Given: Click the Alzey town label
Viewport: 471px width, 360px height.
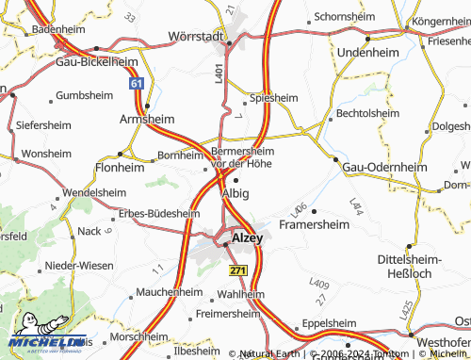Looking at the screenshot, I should pyautogui.click(x=247, y=239).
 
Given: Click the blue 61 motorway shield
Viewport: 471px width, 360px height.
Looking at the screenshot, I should pyautogui.click(x=138, y=84).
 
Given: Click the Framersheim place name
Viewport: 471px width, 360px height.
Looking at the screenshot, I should pyautogui.click(x=315, y=225).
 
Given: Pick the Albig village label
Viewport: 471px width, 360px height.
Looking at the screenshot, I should pyautogui.click(x=235, y=193).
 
